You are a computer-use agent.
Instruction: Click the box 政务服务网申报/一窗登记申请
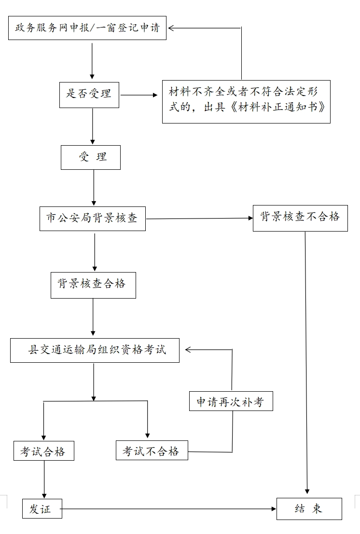[87, 28]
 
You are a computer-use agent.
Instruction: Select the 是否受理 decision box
[89, 94]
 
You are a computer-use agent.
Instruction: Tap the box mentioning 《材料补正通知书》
[246, 101]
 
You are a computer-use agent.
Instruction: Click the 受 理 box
[91, 157]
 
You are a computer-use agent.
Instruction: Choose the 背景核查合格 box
[93, 285]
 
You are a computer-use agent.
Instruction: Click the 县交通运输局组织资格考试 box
[95, 350]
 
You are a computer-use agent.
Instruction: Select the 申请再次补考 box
[231, 401]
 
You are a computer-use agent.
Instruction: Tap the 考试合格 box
[44, 452]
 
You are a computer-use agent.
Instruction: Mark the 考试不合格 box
[152, 451]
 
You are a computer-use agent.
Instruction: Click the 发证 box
[42, 509]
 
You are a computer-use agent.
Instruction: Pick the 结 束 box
[309, 509]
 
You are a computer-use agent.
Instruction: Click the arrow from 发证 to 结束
[169, 509]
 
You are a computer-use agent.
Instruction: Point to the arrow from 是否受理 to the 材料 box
[140, 95]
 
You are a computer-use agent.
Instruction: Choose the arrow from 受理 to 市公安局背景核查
[94, 188]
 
